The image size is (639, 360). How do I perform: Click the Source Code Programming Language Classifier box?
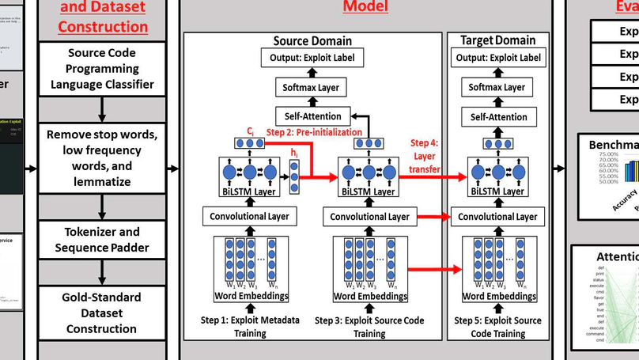(101, 68)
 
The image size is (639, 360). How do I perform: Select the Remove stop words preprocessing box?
(101, 150)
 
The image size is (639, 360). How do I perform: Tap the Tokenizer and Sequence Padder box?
(101, 239)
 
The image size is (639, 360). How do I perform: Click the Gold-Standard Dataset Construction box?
(101, 313)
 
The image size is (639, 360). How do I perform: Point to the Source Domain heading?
(312, 40)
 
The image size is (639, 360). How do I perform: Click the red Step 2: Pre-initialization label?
(314, 132)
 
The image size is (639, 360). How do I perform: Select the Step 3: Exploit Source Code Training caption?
(369, 326)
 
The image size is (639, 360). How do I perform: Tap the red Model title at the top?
(365, 7)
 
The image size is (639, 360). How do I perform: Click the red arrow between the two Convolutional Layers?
(432, 216)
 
